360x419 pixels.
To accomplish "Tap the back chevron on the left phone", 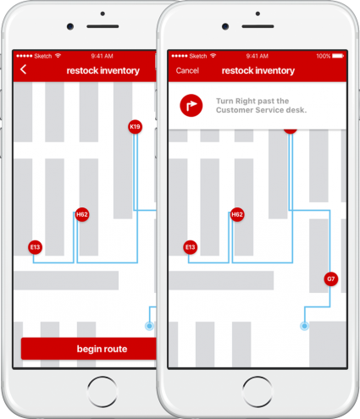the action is pos(24,69).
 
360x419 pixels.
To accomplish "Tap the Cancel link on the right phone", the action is pos(187,70).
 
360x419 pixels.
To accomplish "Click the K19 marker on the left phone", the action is pos(135,127).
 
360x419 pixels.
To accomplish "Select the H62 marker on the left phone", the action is pos(82,215).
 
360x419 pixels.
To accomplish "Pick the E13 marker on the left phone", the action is pos(35,247).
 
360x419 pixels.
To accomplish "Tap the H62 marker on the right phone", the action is pos(237,215).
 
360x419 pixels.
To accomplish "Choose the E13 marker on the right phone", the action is pos(190,247).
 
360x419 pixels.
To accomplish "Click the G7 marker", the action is pos(331,279).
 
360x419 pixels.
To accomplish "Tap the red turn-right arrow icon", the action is pos(191,106).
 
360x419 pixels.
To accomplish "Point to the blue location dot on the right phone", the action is pos(304,326).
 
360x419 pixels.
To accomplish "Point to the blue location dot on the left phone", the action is pos(149,326).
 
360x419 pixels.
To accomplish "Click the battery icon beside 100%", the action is pos(338,56).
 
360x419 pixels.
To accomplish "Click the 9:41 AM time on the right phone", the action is pos(257,56).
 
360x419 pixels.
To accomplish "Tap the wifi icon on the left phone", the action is pos(58,56).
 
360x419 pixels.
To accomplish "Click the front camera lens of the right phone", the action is pos(225,26).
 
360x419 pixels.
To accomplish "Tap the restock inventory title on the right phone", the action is pos(258,70).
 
